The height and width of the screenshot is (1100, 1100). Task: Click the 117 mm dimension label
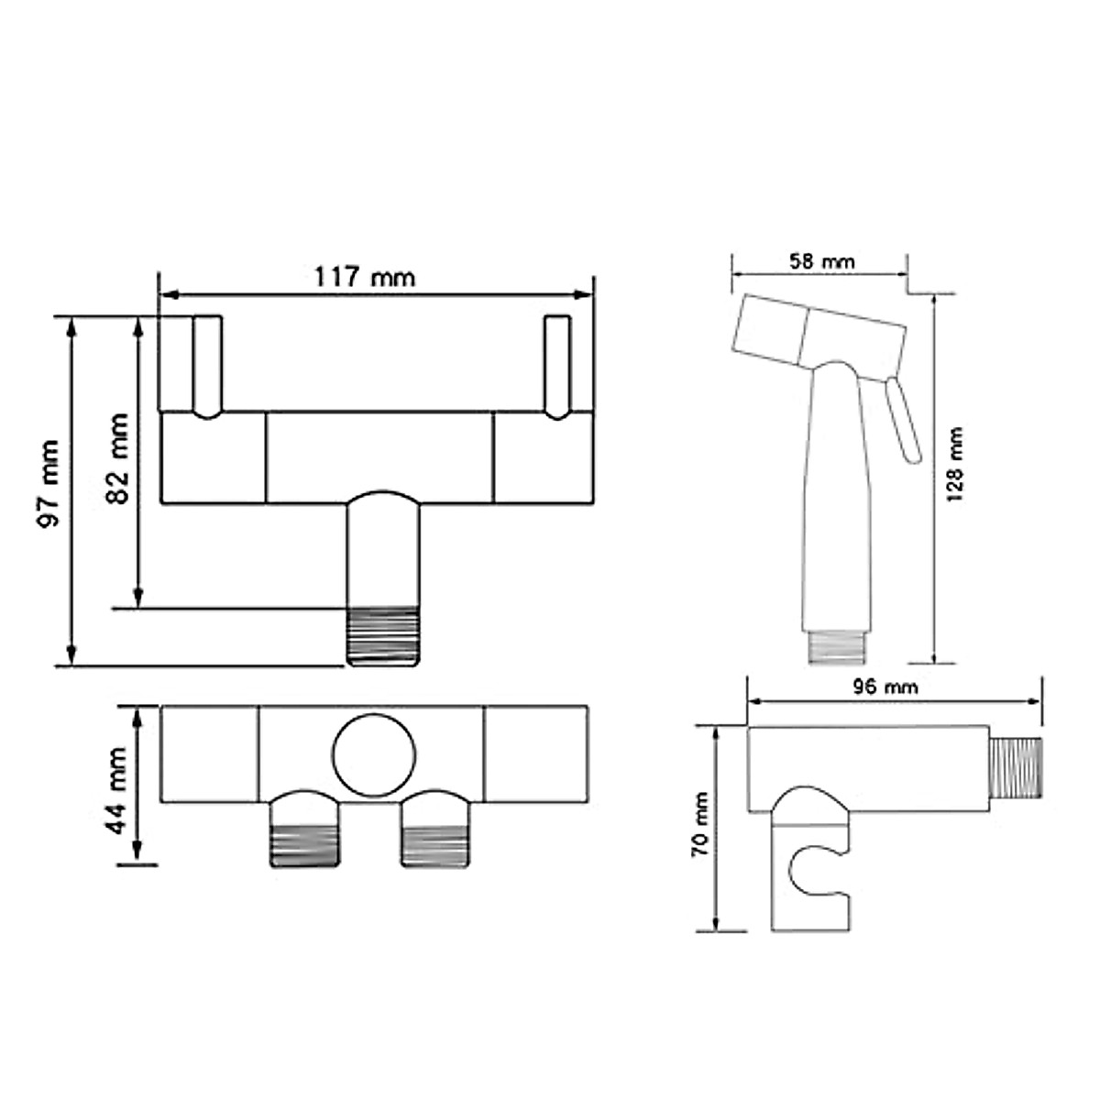pyautogui.click(x=365, y=276)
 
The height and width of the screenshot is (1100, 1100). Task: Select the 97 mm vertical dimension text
pyautogui.click(x=49, y=483)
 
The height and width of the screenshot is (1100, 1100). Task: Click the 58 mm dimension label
pyautogui.click(x=821, y=261)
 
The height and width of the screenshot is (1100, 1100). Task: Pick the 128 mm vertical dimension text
pyautogui.click(x=955, y=463)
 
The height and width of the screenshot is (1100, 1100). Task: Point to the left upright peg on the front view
pyautogui.click(x=207, y=367)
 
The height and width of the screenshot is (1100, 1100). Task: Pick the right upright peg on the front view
pyautogui.click(x=557, y=367)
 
